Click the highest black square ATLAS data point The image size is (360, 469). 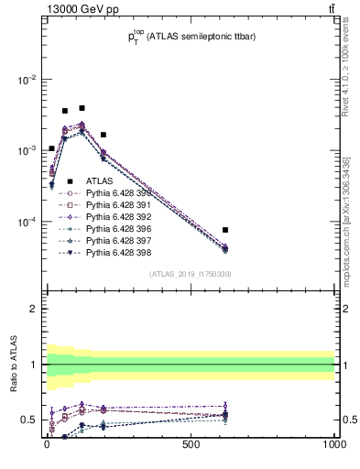point(82,108)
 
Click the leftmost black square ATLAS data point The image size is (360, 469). point(51,148)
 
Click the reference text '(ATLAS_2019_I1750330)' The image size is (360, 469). point(190,274)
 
